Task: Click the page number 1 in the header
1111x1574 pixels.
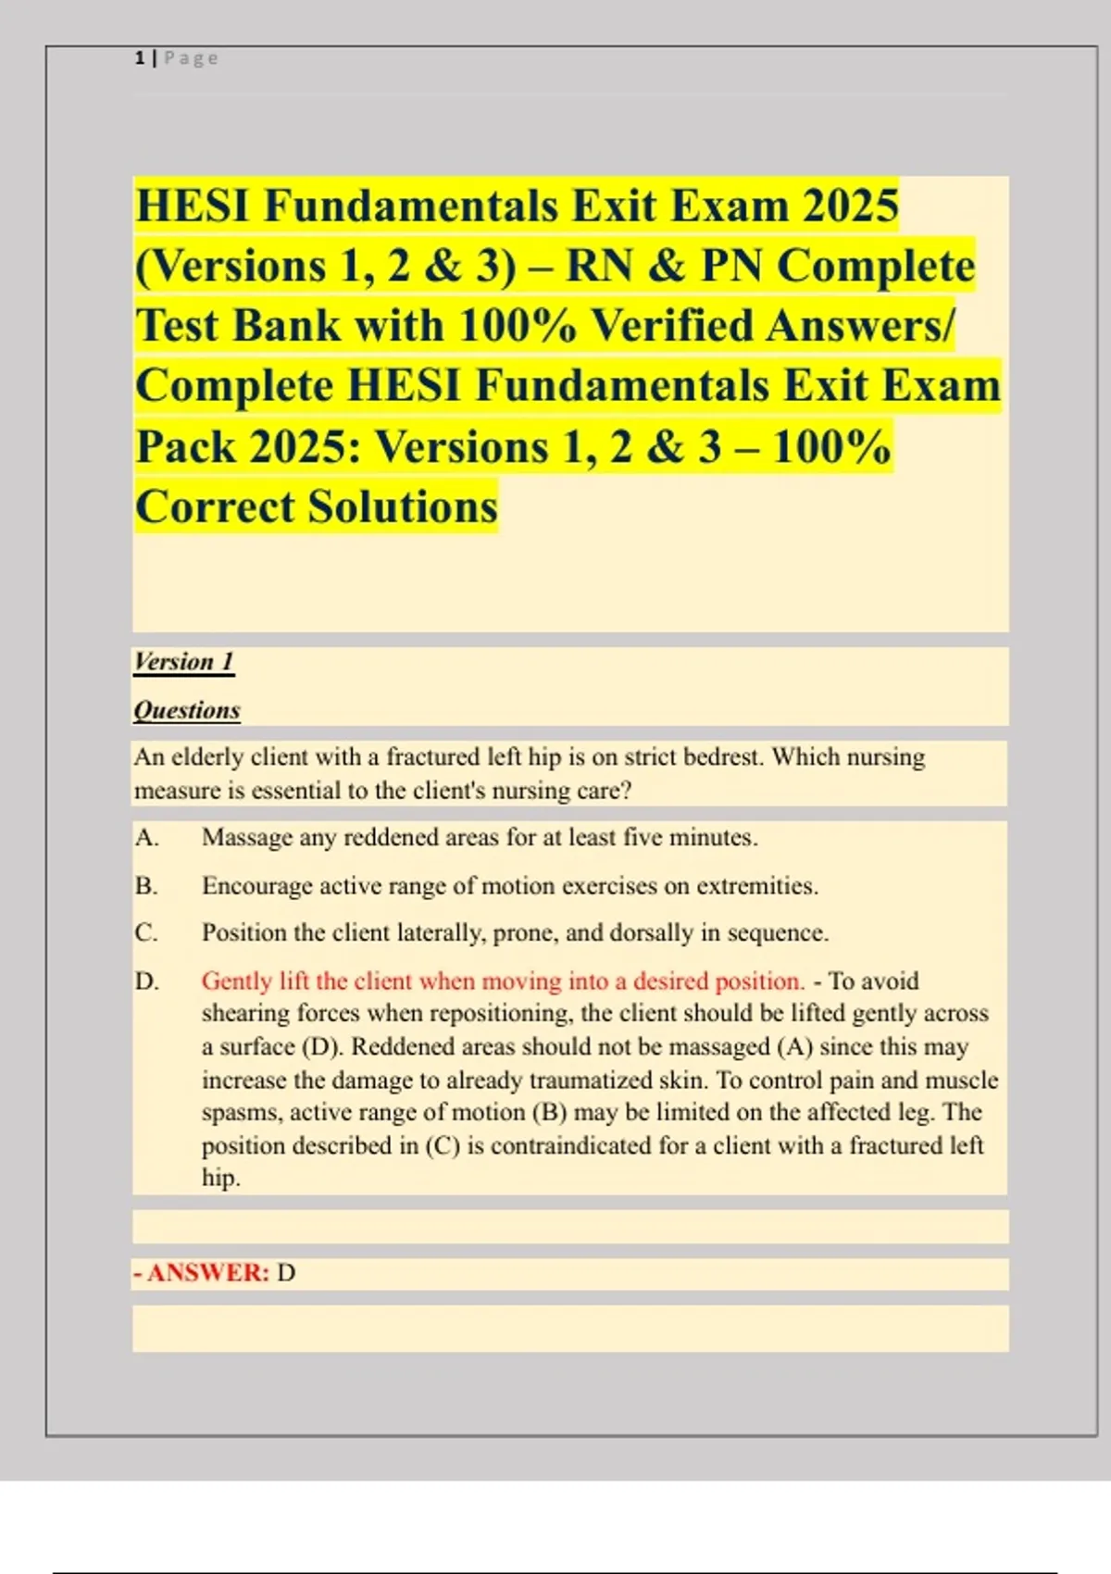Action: [x=140, y=58]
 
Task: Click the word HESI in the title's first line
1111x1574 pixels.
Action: [x=193, y=206]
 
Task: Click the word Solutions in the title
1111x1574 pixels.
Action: [x=403, y=506]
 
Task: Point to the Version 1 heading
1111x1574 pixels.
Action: [x=183, y=661]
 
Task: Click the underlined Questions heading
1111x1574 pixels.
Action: [x=187, y=710]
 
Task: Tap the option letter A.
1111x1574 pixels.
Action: [x=146, y=838]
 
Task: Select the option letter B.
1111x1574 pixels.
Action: [x=146, y=886]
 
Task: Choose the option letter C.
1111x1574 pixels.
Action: [x=146, y=932]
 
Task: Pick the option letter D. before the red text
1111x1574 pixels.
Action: [x=146, y=981]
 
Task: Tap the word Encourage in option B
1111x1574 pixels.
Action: [x=256, y=886]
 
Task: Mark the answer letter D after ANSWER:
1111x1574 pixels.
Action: [x=286, y=1273]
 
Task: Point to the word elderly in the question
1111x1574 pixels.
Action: [x=207, y=757]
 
